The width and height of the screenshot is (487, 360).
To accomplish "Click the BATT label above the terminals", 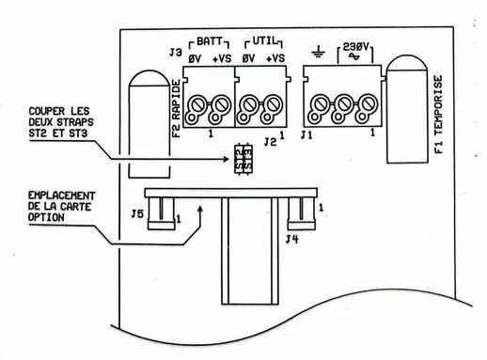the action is click(x=210, y=41).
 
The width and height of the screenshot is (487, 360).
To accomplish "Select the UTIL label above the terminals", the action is click(x=265, y=41).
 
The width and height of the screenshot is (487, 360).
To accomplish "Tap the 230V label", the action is click(x=356, y=47).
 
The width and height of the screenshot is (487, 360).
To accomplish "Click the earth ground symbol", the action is click(x=318, y=53).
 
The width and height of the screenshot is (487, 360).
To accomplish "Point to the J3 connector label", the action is click(x=176, y=53).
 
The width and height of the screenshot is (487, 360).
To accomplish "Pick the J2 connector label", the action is click(x=270, y=142).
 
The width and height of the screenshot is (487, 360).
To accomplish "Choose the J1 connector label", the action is click(x=306, y=135).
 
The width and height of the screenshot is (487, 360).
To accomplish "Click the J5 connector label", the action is click(x=137, y=214).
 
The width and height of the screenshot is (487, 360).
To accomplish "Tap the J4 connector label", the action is click(x=292, y=240).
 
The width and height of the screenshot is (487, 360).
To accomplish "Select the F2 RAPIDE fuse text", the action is click(x=177, y=109).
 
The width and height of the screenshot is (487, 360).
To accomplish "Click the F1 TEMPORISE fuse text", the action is click(x=439, y=115).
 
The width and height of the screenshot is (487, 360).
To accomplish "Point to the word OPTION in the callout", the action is click(x=46, y=217).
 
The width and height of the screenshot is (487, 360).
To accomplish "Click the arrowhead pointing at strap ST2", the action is click(x=226, y=159).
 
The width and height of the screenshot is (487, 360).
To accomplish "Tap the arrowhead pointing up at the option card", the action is click(x=200, y=209).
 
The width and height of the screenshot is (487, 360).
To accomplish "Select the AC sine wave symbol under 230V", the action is click(x=355, y=56).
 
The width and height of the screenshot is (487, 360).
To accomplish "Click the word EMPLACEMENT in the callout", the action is click(x=61, y=196).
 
